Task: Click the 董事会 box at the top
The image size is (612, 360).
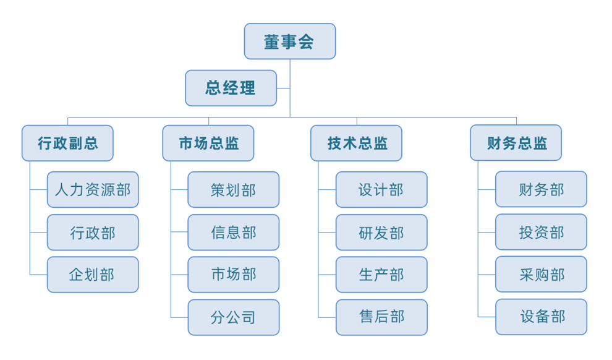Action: tap(289, 41)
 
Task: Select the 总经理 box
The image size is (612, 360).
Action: tap(231, 88)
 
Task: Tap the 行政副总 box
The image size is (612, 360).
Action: tap(67, 144)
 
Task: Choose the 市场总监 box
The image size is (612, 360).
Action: tap(208, 144)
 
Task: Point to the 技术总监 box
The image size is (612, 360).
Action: tap(356, 144)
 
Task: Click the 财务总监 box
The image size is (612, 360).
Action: tap(516, 144)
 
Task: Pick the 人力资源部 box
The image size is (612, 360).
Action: tap(93, 189)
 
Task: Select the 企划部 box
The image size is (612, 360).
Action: tap(93, 275)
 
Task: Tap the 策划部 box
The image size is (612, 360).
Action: tap(233, 189)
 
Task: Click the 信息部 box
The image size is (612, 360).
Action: tap(233, 233)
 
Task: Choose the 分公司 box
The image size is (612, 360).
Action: tap(233, 317)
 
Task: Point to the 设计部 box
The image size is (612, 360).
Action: tap(381, 189)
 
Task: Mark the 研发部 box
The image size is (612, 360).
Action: tap(381, 233)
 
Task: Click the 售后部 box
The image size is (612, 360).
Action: tap(381, 317)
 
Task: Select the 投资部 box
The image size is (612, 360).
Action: tap(541, 233)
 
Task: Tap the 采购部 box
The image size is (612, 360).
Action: tap(541, 275)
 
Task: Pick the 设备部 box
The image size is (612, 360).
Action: tap(541, 317)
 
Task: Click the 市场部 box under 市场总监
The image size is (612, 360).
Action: tap(233, 275)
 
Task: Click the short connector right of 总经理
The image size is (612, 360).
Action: tap(283, 88)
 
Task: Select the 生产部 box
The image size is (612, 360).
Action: tap(381, 275)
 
